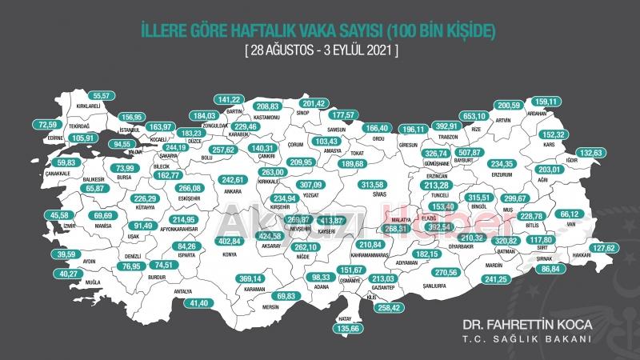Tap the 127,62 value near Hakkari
coord(605,248)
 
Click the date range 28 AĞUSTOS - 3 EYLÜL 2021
coord(319,50)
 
